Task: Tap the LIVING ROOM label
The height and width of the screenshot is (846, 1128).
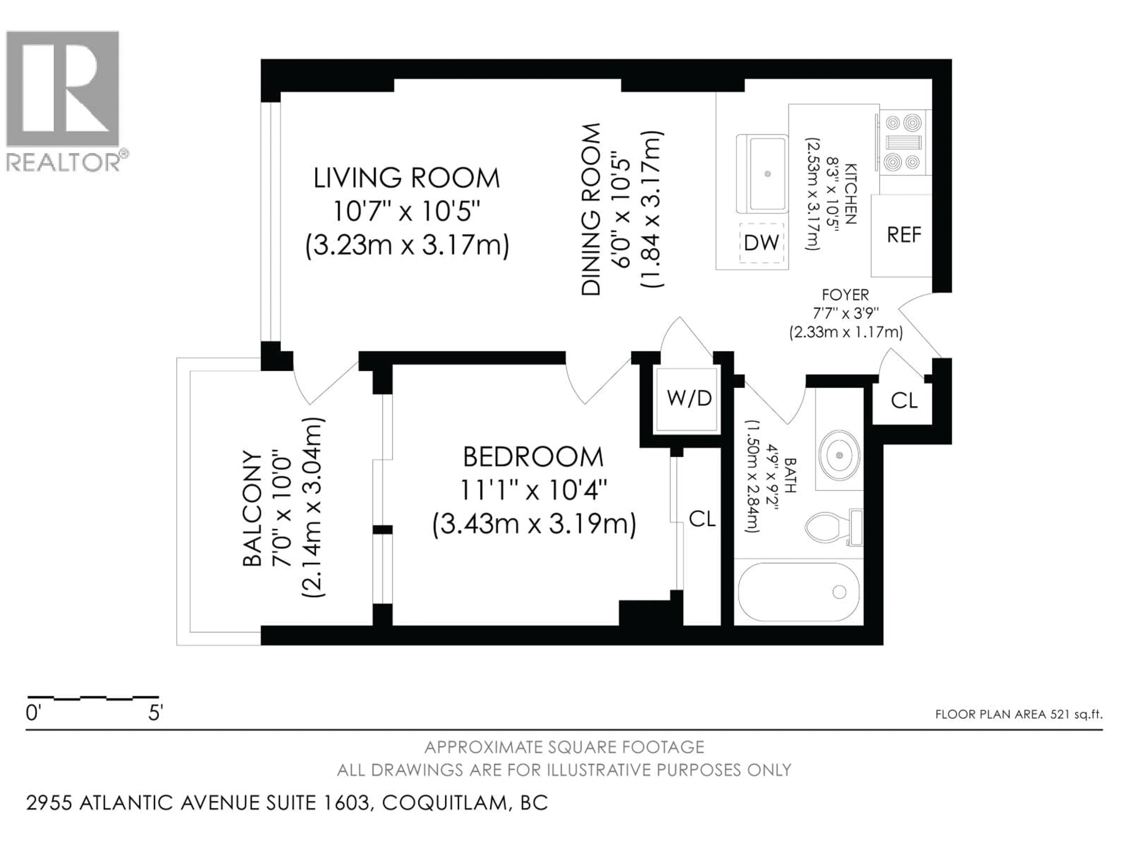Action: tap(407, 179)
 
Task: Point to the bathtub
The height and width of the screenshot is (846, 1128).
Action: tap(798, 592)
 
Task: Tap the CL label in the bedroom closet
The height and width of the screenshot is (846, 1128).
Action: tap(702, 519)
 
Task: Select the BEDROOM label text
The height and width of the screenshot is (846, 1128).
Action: tap(533, 457)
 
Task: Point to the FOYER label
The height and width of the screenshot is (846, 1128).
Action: tap(845, 295)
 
